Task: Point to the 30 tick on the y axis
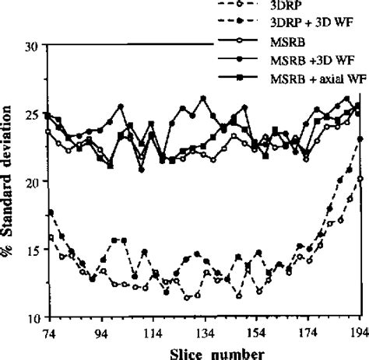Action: click(31, 47)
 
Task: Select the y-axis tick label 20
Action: click(31, 182)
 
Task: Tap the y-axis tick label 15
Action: click(31, 250)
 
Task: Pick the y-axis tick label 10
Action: click(31, 318)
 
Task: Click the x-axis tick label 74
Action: click(49, 332)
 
